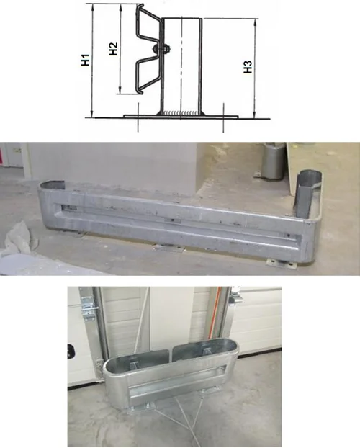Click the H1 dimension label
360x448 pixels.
click(x=86, y=60)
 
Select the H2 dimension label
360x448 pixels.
click(x=114, y=48)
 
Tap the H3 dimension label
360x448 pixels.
click(x=248, y=67)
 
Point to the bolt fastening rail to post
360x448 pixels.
click(x=162, y=49)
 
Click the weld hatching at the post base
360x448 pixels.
click(x=181, y=113)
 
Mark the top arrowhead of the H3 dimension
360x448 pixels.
click(x=255, y=22)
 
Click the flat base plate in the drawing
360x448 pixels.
click(x=181, y=117)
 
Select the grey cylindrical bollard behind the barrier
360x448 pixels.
click(x=274, y=161)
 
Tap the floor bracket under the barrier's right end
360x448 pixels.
click(x=282, y=265)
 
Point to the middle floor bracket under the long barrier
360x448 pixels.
click(x=168, y=248)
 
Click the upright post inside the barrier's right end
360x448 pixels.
click(x=305, y=194)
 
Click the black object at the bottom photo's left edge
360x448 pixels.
click(x=71, y=351)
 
